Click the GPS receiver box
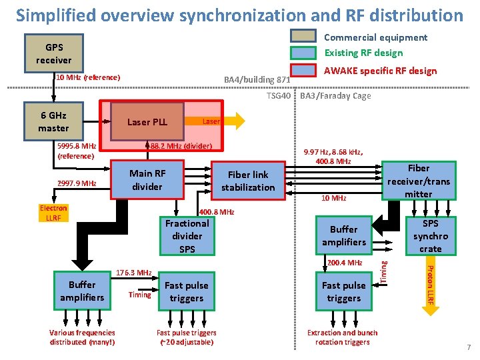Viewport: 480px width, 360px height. (x=53, y=54)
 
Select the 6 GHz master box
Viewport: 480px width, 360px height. (x=53, y=121)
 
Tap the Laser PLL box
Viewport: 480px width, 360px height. (x=147, y=122)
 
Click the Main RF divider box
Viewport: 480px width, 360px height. (x=147, y=180)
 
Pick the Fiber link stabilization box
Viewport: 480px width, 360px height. (x=248, y=181)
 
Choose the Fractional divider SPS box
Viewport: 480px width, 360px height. (x=187, y=236)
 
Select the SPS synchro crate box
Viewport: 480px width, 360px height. (x=430, y=236)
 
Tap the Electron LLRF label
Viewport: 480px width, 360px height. (x=53, y=213)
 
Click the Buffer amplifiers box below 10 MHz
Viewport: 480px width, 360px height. (x=343, y=235)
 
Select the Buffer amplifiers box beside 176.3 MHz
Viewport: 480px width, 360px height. (x=82, y=291)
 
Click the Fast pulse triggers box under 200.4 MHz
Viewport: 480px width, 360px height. (x=343, y=292)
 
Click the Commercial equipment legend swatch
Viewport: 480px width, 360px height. (x=303, y=37)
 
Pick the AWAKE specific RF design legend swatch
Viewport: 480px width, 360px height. (x=303, y=70)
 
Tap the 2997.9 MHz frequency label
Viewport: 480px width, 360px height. (x=77, y=183)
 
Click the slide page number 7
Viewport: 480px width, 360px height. (x=469, y=347)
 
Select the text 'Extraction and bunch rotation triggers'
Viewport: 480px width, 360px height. (x=342, y=337)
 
